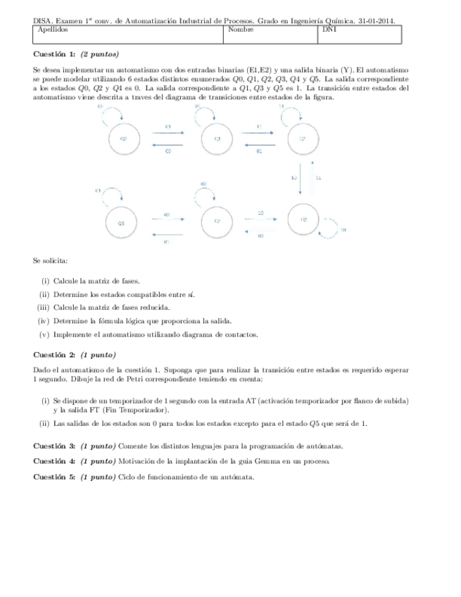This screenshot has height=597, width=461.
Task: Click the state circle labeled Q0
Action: [x=123, y=139]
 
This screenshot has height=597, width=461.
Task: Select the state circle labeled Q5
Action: [x=122, y=222]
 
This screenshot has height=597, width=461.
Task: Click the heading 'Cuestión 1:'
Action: [x=54, y=55]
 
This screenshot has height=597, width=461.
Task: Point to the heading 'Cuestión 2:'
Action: [x=54, y=354]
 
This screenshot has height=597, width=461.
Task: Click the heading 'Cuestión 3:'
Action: [x=54, y=446]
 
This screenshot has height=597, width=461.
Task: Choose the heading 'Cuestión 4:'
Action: [x=54, y=461]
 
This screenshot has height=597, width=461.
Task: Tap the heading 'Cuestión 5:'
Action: [x=54, y=476]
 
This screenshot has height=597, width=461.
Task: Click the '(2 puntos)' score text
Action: [x=99, y=55]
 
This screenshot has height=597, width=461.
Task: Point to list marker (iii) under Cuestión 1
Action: [x=42, y=308]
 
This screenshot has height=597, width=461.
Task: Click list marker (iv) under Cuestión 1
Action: [x=43, y=321]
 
